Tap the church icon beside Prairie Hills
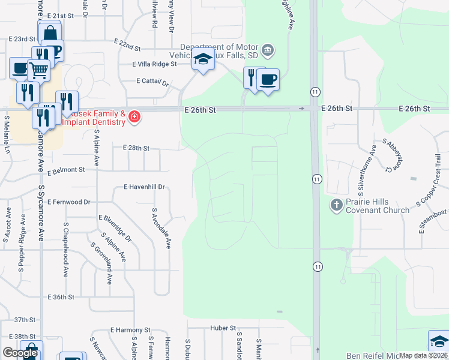point(336,205)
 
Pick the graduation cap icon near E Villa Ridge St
point(203,61)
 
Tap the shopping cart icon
point(40,70)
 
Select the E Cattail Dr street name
point(153,82)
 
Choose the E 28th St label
point(136,148)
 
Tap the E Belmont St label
point(67,170)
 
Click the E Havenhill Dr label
point(145,187)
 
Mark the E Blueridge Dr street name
point(115,227)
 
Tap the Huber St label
point(223,328)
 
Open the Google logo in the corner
point(20,353)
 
